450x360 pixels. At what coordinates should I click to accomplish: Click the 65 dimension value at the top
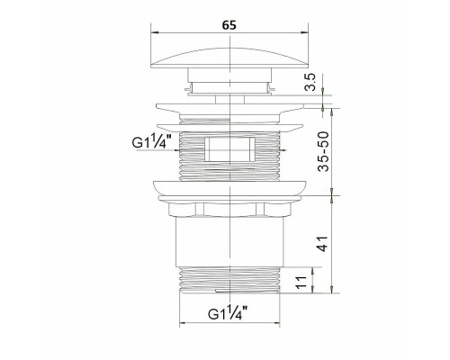click(229, 25)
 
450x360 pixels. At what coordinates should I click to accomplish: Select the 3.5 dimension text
click(310, 82)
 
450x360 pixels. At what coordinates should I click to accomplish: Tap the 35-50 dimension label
click(323, 151)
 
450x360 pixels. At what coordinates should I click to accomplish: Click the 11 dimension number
click(301, 282)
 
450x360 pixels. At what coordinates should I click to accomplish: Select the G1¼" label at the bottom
click(228, 312)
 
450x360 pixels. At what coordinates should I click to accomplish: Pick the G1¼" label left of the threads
click(151, 141)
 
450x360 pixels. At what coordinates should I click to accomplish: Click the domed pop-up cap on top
click(229, 58)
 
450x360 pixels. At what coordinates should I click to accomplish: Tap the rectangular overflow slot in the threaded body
click(229, 148)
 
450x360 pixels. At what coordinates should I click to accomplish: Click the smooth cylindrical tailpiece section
click(229, 241)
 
